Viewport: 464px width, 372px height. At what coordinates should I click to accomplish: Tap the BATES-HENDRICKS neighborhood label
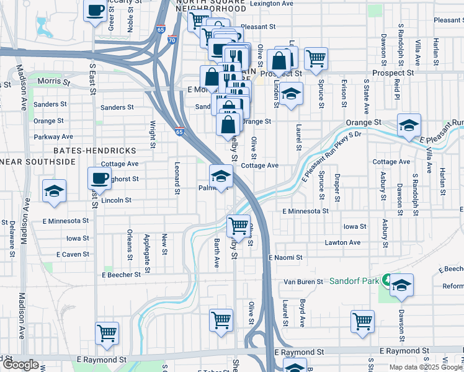[94, 151]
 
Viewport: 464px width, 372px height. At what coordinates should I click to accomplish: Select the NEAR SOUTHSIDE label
[37, 162]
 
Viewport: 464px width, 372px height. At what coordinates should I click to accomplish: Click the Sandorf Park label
[354, 281]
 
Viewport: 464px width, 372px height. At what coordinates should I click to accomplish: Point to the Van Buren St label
[303, 281]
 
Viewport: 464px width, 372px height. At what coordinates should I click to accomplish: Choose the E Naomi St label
[285, 257]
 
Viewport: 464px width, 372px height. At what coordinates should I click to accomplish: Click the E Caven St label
[73, 254]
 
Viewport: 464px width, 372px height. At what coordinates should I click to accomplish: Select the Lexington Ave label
[270, 4]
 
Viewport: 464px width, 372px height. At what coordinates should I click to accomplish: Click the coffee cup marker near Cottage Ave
[99, 179]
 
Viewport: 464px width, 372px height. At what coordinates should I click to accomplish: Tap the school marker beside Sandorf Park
[401, 285]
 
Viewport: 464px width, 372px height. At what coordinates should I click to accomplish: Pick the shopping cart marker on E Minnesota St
[239, 226]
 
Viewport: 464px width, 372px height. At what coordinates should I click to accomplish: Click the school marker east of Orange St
[409, 125]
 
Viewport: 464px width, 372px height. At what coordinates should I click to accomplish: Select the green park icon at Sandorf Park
[386, 280]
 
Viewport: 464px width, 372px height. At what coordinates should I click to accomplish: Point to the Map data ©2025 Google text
[425, 367]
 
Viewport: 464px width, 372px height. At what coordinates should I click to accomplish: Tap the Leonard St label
[177, 179]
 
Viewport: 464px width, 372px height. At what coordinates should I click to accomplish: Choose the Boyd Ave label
[302, 313]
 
